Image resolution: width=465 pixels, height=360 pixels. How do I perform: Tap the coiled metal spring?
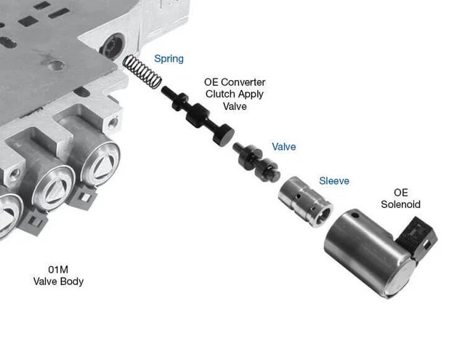click(x=143, y=73)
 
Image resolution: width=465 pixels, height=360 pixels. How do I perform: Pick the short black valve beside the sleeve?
click(x=254, y=161)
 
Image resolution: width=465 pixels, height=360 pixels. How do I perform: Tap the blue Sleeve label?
click(x=334, y=180)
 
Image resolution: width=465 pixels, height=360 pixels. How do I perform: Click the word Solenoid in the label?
click(x=400, y=204)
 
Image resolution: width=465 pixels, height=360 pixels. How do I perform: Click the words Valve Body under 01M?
click(x=57, y=281)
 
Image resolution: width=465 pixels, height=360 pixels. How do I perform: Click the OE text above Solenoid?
click(x=400, y=193)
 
